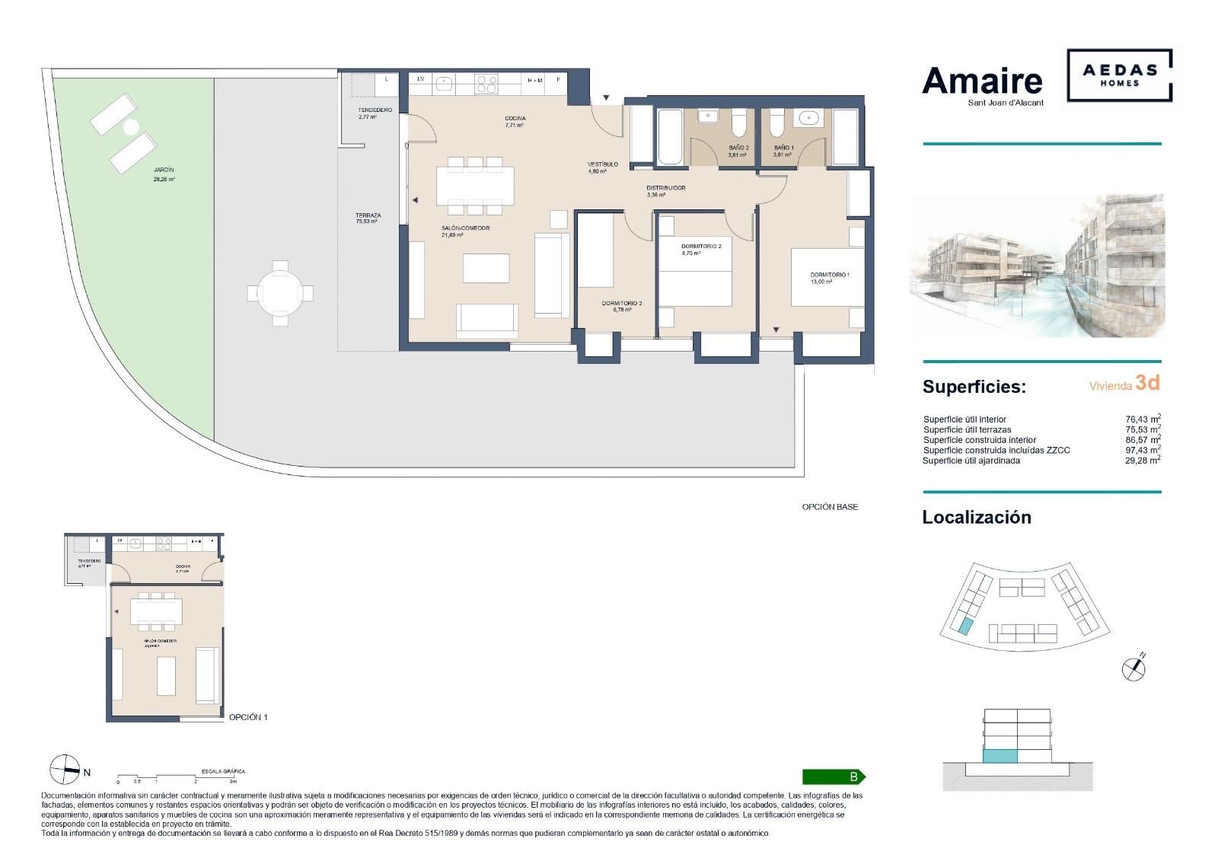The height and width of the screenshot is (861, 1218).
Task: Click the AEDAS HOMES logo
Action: pyautogui.click(x=1119, y=75)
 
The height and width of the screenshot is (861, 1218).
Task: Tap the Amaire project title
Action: pyautogui.click(x=982, y=81)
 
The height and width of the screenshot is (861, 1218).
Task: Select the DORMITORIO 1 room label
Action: pyautogui.click(x=829, y=275)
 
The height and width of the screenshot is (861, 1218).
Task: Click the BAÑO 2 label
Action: pyautogui.click(x=738, y=148)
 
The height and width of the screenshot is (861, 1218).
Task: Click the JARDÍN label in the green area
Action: pyautogui.click(x=164, y=171)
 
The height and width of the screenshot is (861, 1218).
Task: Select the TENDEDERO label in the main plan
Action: pyautogui.click(x=375, y=110)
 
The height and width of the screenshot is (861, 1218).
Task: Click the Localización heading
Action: pyautogui.click(x=976, y=517)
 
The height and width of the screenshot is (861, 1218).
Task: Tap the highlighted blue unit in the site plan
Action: pyautogui.click(x=965, y=627)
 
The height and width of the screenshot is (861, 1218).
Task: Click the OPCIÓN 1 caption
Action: pyautogui.click(x=248, y=717)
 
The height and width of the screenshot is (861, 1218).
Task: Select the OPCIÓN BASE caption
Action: pyautogui.click(x=830, y=507)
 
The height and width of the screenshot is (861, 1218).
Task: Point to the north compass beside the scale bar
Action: pyautogui.click(x=65, y=770)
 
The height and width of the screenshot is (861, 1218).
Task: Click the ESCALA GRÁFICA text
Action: pyautogui.click(x=223, y=771)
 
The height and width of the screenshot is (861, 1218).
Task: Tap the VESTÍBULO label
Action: pyautogui.click(x=602, y=164)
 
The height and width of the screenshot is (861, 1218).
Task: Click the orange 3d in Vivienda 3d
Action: pyautogui.click(x=1147, y=383)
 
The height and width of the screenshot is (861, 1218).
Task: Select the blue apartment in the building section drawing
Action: pyautogui.click(x=1000, y=757)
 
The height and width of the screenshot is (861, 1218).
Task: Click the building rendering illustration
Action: pyautogui.click(x=1037, y=265)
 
